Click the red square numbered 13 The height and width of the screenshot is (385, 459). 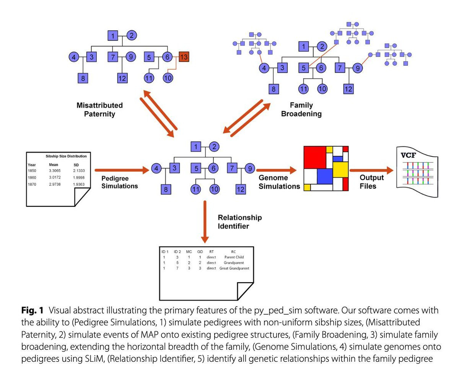point(184,57)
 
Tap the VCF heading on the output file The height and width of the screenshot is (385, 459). point(409,155)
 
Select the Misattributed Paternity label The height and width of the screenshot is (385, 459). point(99,109)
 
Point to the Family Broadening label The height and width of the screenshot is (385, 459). point(301,109)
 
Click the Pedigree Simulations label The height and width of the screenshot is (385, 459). point(119,182)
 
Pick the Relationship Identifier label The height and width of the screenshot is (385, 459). point(240,222)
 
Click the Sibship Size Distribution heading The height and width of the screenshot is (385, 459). point(66,156)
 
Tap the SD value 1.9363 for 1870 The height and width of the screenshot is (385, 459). point(79,185)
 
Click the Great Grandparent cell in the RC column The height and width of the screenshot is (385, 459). point(234,268)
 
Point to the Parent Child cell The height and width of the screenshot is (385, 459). point(234,257)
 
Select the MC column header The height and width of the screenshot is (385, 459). point(189,252)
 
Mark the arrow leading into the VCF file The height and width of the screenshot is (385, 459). point(371,171)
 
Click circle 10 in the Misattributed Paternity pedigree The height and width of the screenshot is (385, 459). point(168,78)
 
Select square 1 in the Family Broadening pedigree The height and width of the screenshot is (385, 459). point(304,47)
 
